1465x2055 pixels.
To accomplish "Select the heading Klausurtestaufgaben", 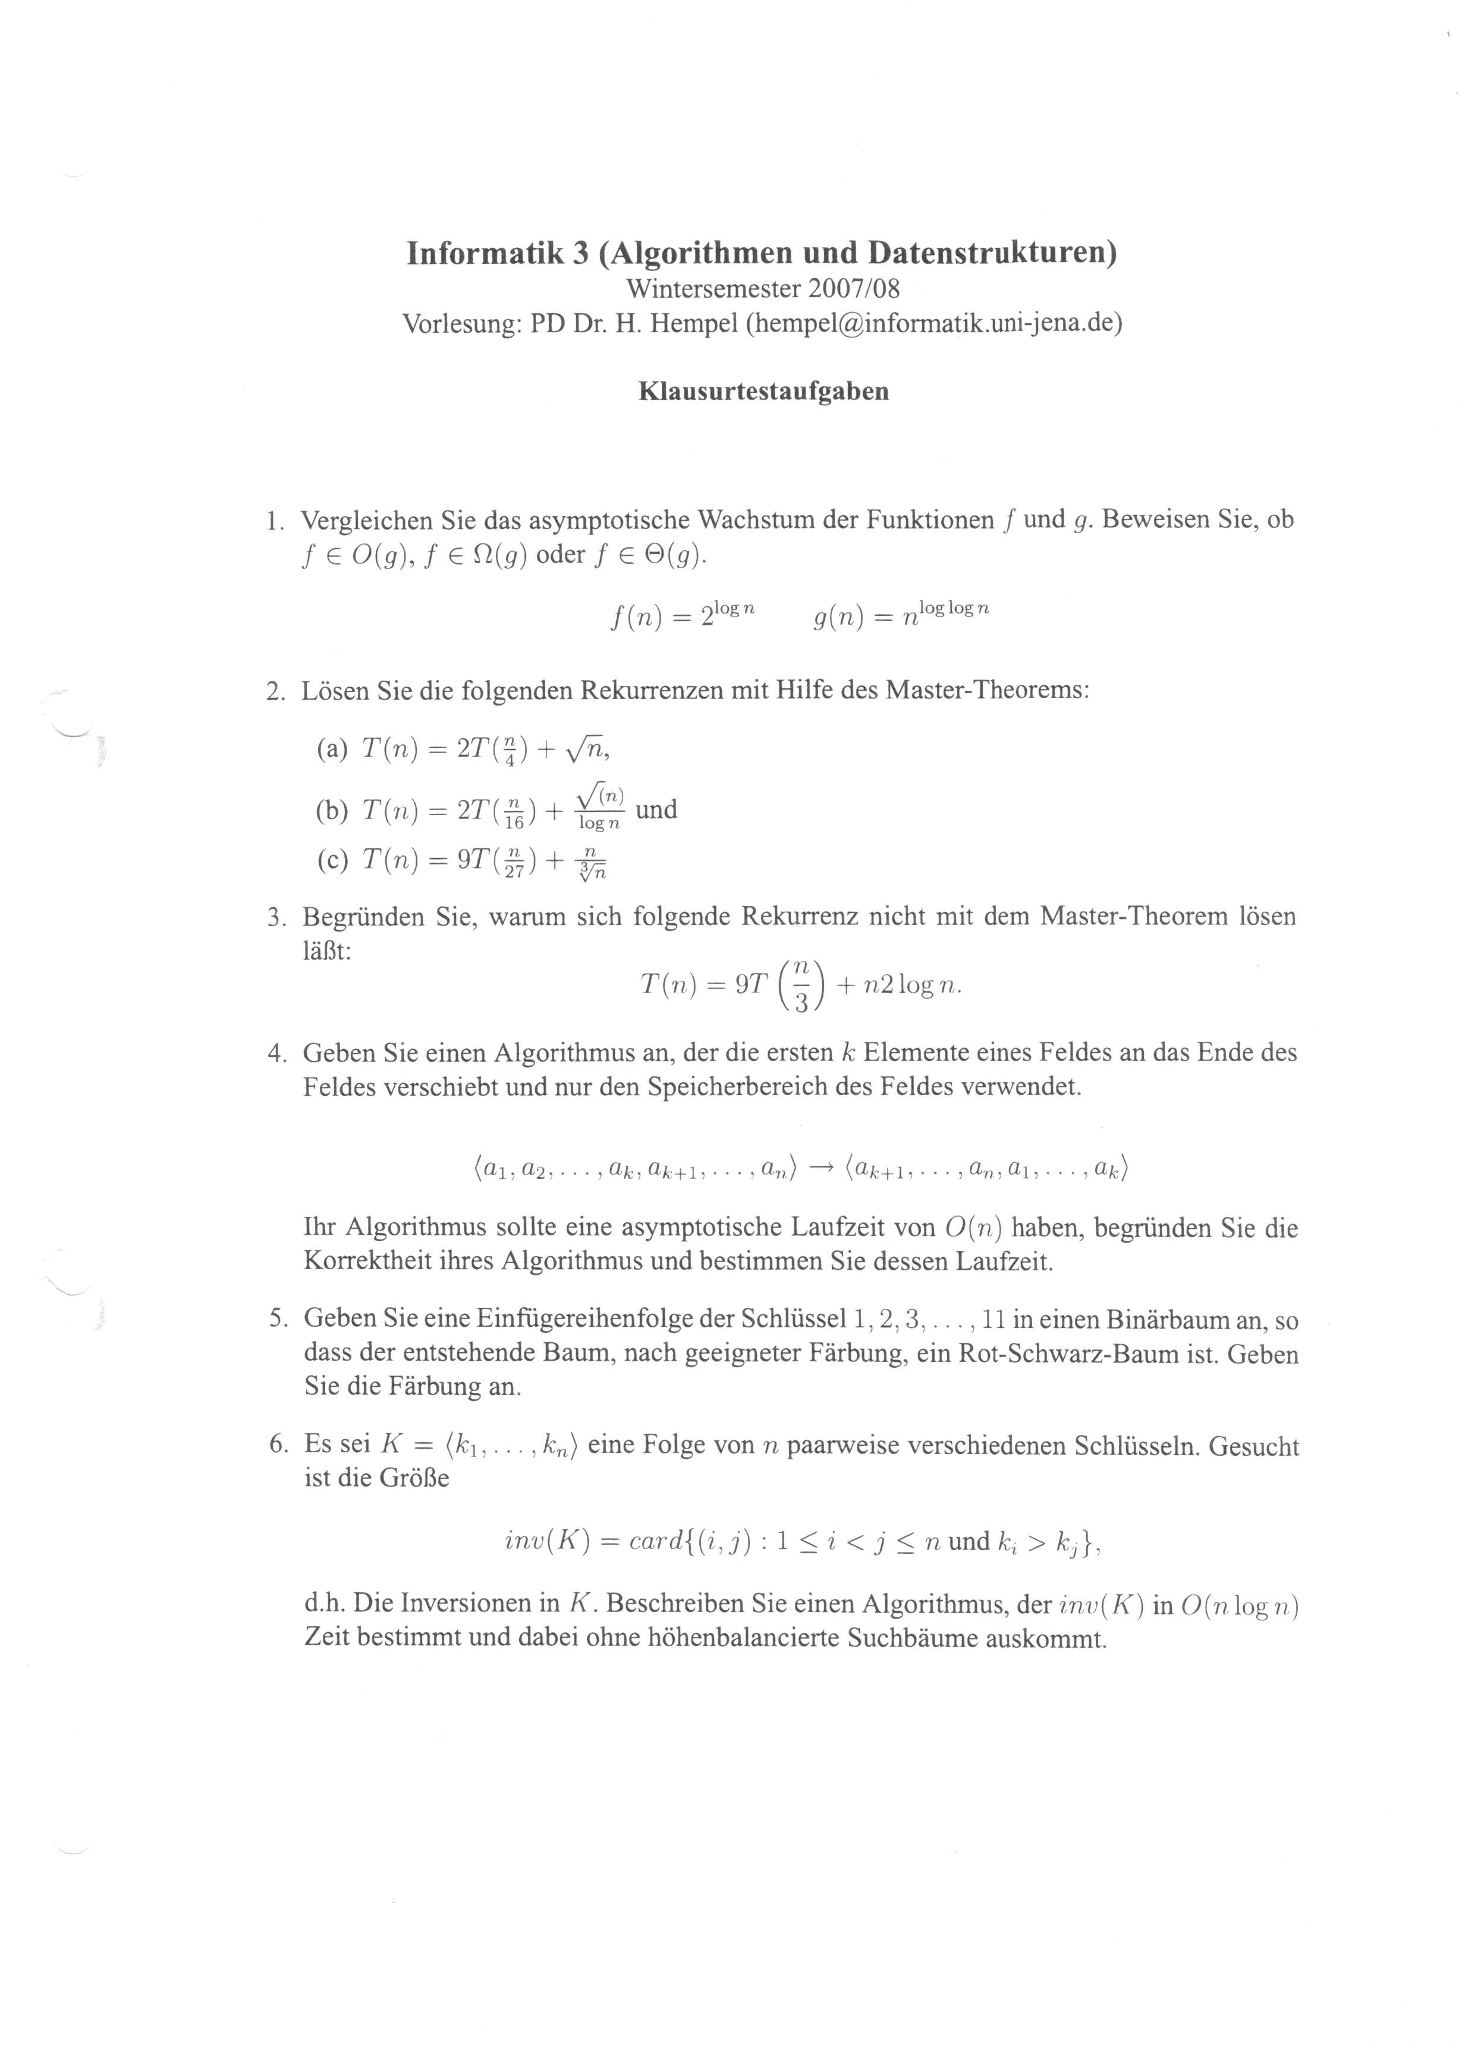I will click(763, 391).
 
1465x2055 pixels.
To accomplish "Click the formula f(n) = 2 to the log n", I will click(682, 615).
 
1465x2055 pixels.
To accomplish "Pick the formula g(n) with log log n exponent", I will click(900, 615).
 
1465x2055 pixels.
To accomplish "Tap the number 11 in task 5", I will click(993, 1320).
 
